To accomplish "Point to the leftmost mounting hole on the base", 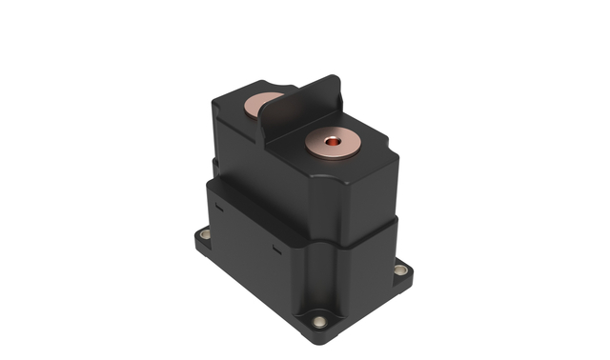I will coord(205,233).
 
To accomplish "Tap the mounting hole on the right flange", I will coord(402,270).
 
